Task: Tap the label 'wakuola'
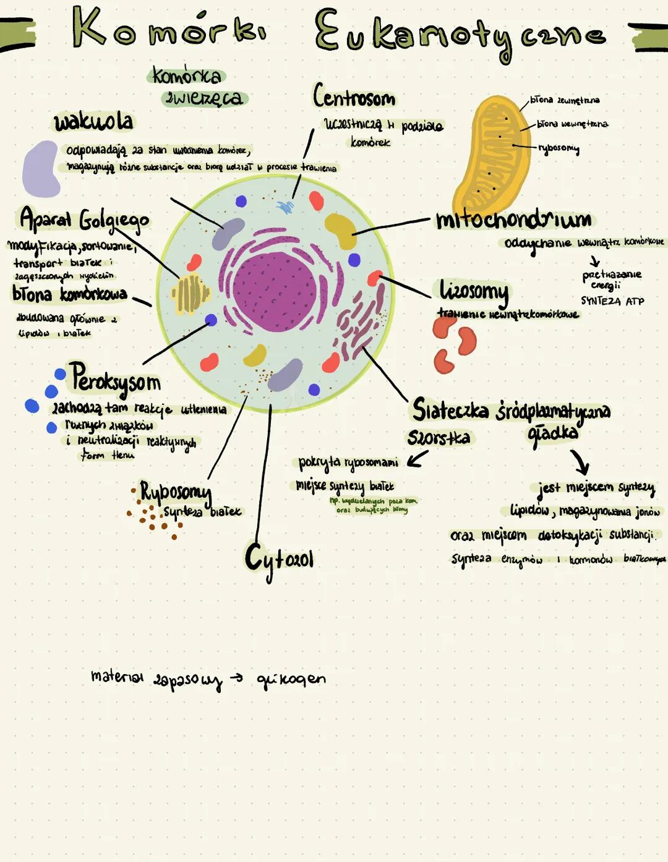tap(93, 121)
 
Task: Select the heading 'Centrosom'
tap(354, 97)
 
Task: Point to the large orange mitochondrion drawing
tap(492, 155)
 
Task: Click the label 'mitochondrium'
tap(513, 219)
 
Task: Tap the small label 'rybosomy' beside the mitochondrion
tap(559, 148)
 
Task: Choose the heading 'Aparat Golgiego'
tap(84, 220)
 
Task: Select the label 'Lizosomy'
tap(474, 290)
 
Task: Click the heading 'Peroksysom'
tap(115, 379)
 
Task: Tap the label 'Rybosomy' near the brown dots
tap(176, 492)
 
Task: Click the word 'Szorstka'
tap(439, 438)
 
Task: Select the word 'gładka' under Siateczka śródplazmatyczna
tap(553, 433)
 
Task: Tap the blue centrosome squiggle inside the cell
tap(285, 207)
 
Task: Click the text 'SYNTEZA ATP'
tap(612, 301)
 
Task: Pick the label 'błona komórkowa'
tap(69, 294)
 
